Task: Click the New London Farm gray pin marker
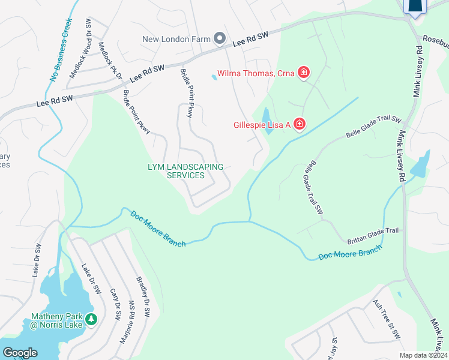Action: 219,39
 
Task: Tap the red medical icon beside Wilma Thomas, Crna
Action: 304,73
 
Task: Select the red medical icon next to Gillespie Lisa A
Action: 299,124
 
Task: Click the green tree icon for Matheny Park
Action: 91,319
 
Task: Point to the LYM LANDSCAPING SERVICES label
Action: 185,171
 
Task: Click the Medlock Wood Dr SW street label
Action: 80,49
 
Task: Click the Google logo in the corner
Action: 20,353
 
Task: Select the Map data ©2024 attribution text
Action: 423,355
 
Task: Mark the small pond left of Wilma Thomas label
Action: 214,77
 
